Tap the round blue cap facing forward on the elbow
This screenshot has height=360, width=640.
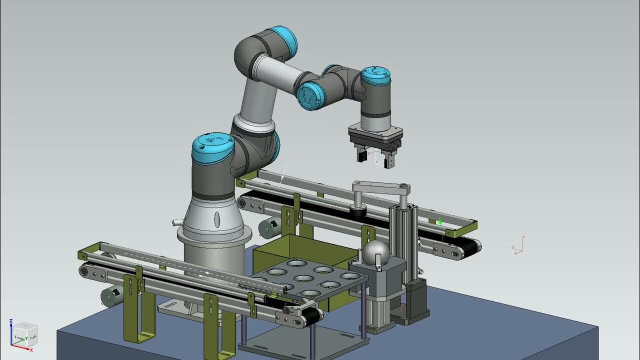[x=311, y=96]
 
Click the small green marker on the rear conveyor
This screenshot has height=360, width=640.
[x=440, y=221]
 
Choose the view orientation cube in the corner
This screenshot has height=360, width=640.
[x=24, y=334]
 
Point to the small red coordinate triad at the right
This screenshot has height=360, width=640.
[x=518, y=245]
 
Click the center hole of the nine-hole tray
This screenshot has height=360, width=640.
[x=303, y=278]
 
